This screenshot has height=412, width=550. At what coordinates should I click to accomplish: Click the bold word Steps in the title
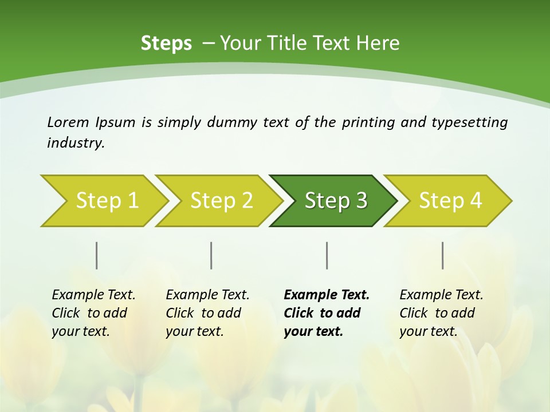[x=166, y=43]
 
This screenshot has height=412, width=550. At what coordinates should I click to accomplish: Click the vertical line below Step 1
[x=96, y=255]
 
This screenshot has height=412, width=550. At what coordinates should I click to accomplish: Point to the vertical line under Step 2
[x=211, y=255]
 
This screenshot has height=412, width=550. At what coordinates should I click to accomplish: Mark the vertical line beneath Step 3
[x=327, y=255]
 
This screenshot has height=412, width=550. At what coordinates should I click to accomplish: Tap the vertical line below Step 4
[x=443, y=255]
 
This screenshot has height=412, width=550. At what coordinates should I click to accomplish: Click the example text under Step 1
[x=93, y=313]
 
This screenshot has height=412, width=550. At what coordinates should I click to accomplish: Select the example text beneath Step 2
[x=207, y=313]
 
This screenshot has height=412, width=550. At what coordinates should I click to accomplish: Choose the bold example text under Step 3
[x=327, y=313]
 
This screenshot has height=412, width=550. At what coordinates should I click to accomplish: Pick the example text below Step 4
[x=441, y=313]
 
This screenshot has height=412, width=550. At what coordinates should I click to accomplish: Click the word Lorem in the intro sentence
[x=69, y=122]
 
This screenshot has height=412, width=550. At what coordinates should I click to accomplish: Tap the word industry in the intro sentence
[x=76, y=143]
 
